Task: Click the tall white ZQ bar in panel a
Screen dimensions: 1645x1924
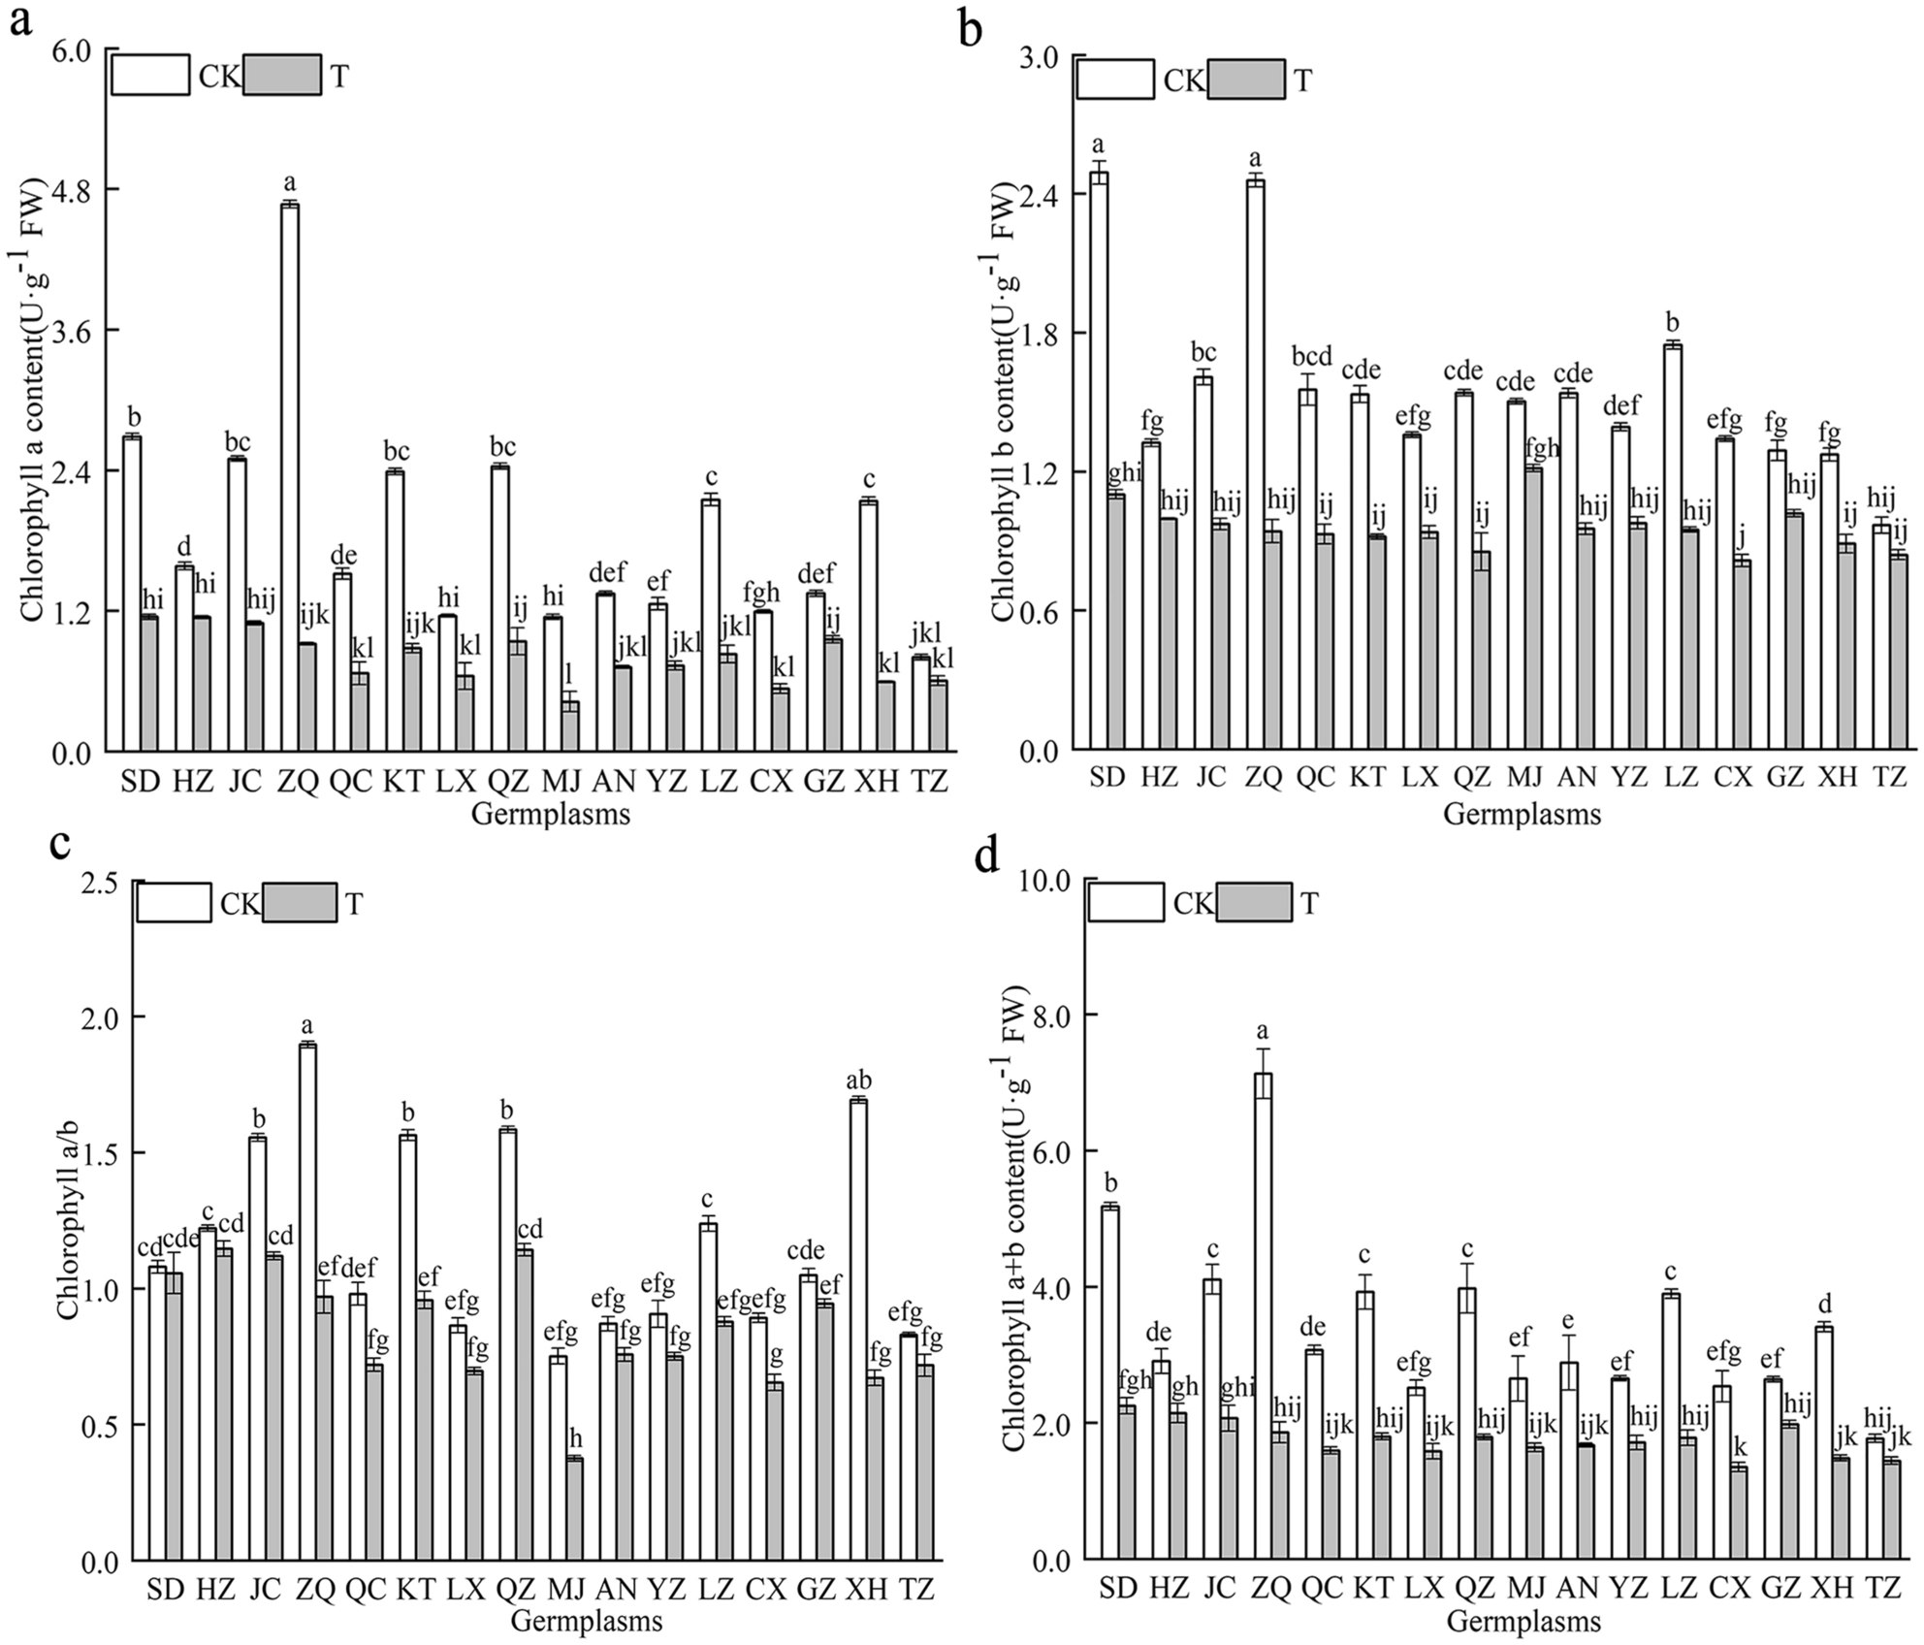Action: coord(289,475)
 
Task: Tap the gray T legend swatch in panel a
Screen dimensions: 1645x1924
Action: coord(282,76)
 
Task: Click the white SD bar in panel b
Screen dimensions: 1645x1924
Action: coord(1099,461)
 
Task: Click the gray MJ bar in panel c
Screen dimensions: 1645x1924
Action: coord(575,1508)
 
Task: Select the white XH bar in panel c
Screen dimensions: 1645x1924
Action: coord(857,1330)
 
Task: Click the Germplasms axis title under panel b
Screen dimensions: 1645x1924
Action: coord(1522,814)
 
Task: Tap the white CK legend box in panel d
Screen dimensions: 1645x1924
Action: coord(1126,902)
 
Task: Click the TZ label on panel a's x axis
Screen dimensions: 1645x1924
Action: coord(930,782)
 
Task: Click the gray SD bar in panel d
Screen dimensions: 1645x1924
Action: coord(1126,1482)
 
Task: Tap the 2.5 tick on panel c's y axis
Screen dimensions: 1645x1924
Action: coord(104,883)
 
